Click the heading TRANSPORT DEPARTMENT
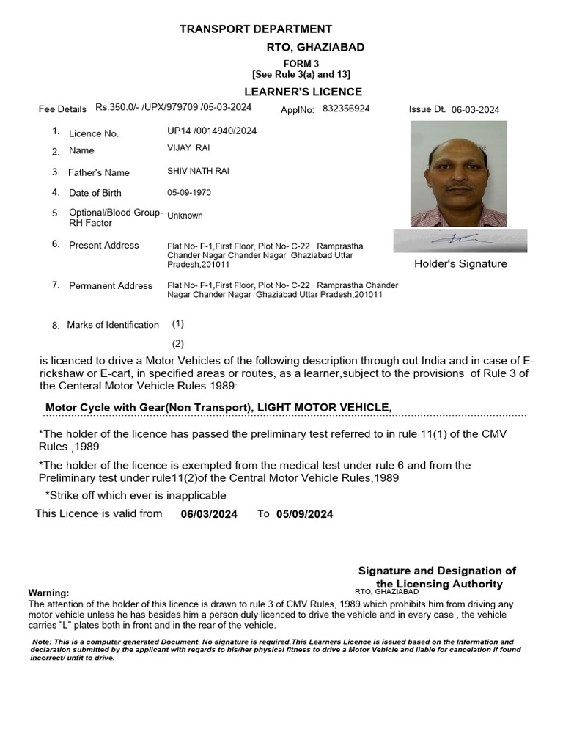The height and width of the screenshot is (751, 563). [256, 29]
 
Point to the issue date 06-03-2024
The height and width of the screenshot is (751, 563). [475, 110]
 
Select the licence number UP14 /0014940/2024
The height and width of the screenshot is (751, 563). [212, 131]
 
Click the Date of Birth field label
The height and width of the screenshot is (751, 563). [95, 193]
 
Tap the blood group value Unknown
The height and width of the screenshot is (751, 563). [185, 216]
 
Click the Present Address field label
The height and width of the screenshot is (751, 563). [103, 246]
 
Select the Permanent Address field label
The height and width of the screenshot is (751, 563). [111, 286]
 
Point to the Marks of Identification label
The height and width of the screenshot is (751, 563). [112, 325]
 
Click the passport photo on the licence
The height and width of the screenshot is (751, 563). [458, 174]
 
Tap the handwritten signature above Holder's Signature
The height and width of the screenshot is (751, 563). [459, 240]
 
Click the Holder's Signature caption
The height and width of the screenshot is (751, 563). [460, 264]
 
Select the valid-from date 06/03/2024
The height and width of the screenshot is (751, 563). [209, 515]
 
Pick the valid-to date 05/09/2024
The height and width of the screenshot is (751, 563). [305, 515]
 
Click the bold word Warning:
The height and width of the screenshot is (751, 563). [48, 593]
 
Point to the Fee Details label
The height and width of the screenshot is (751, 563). [62, 109]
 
